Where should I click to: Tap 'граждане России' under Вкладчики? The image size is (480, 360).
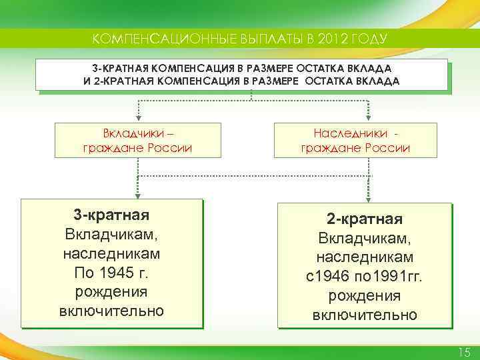[137, 147]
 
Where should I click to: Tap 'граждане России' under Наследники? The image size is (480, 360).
[355, 147]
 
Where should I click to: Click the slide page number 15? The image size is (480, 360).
[464, 352]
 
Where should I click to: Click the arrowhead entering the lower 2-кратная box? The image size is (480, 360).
[366, 198]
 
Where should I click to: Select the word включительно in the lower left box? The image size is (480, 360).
[111, 311]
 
